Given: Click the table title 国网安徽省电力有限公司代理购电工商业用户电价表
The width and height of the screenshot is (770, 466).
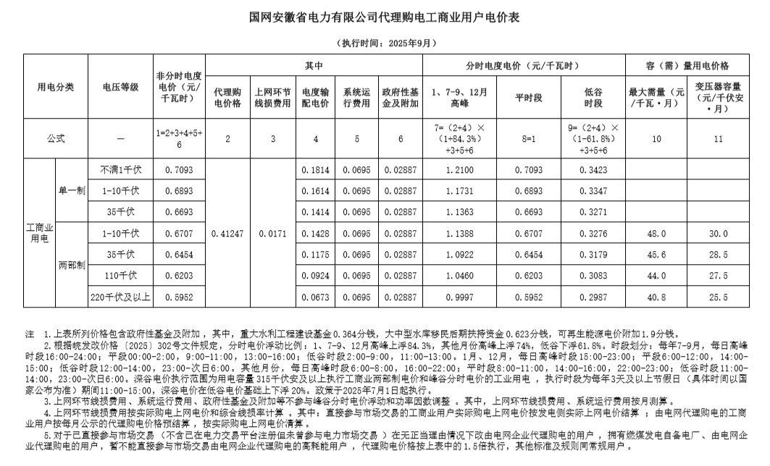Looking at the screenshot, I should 385,17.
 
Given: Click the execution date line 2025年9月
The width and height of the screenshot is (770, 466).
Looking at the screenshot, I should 384,42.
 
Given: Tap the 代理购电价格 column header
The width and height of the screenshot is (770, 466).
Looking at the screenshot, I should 227,98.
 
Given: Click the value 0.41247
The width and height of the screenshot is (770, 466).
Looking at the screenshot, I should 227,234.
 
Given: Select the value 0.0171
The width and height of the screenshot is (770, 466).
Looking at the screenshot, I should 272,234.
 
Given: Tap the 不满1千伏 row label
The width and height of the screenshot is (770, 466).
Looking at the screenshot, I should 120,171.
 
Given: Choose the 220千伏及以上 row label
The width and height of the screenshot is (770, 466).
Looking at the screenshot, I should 120,297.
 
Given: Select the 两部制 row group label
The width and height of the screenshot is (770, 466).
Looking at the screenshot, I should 72,265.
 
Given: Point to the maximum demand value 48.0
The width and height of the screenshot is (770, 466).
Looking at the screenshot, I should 656,234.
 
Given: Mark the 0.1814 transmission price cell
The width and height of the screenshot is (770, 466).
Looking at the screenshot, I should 316,171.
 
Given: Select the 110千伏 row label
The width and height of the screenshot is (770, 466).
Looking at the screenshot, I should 120,276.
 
